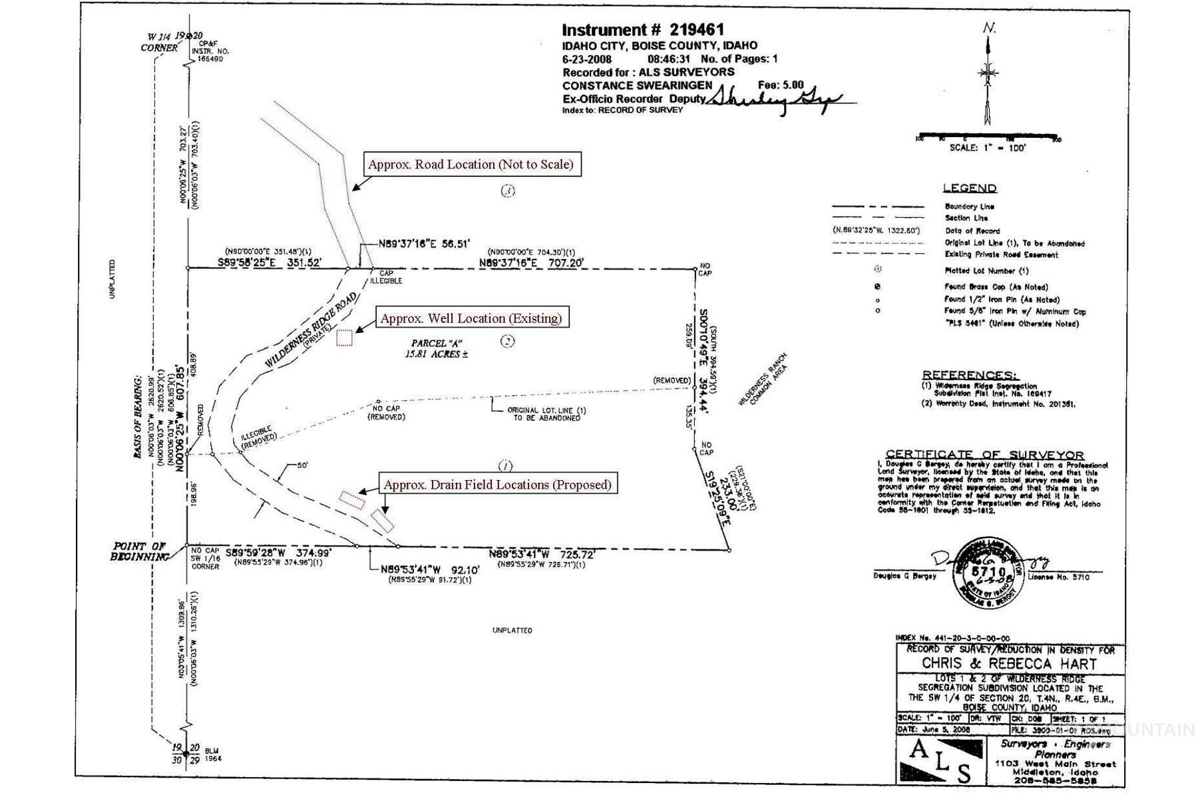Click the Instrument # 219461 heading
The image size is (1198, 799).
coord(642,30)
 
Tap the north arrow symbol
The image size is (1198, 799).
coord(988,73)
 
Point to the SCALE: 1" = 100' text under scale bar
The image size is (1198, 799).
coord(987,148)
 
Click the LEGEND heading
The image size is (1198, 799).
coord(969,188)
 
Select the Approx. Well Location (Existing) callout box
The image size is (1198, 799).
coord(471,318)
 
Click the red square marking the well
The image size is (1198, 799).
coord(344,338)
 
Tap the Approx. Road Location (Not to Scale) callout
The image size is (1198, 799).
coord(471,164)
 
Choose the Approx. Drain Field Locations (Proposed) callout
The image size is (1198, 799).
coord(497,485)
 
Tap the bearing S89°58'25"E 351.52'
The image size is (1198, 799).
coord(270,264)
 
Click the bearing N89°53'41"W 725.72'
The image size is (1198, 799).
coord(541,554)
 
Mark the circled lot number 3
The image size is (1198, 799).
coord(508,191)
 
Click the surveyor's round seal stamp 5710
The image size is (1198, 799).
coord(988,572)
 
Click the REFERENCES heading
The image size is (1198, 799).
coord(969,375)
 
